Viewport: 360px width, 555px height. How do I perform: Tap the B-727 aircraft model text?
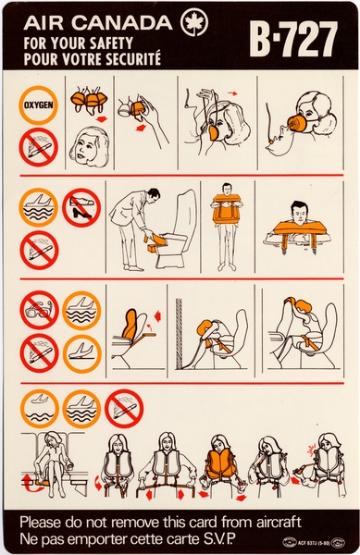[296, 40]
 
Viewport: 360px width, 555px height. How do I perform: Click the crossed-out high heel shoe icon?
[81, 208]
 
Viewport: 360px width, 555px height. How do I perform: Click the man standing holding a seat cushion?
[223, 220]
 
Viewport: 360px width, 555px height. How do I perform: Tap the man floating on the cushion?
[297, 227]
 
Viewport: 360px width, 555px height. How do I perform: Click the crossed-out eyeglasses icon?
[39, 310]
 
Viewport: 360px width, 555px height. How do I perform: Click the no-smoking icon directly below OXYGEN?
[39, 146]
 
